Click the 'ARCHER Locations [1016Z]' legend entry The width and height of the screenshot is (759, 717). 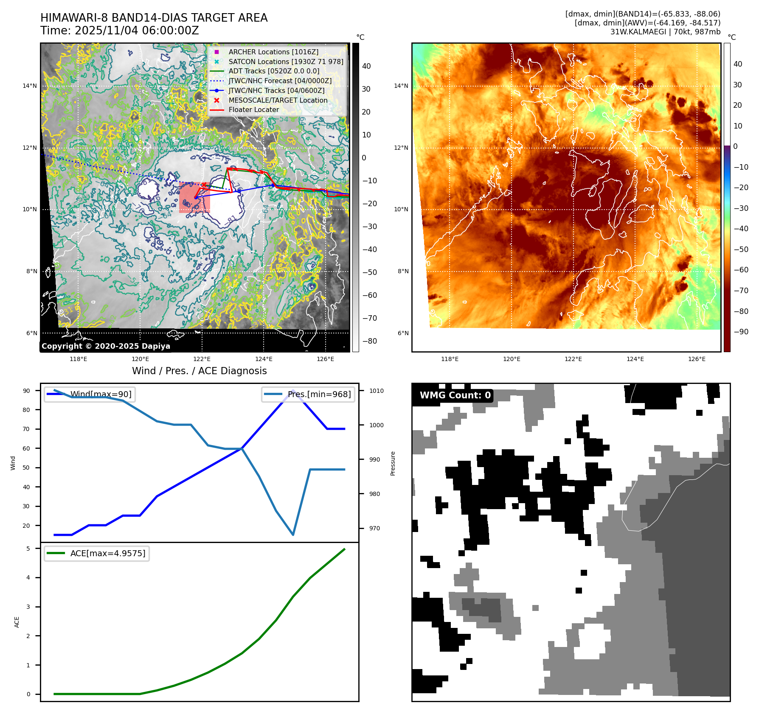[x=273, y=52]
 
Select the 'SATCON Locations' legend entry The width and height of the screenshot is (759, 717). [x=286, y=62]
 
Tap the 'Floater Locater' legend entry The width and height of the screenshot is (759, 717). [x=253, y=109]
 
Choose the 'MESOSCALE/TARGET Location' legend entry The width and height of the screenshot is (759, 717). [x=278, y=100]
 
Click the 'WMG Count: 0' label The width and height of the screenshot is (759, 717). [x=455, y=395]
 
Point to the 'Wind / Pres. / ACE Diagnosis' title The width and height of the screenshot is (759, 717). [x=199, y=371]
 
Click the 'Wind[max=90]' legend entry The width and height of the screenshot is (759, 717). [x=101, y=394]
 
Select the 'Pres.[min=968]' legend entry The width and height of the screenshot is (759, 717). [x=319, y=394]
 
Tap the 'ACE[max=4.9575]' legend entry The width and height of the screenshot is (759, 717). [x=107, y=553]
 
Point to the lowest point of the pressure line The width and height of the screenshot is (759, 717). [x=293, y=535]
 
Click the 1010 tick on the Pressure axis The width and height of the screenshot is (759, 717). [x=376, y=391]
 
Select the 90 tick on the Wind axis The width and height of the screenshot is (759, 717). [x=26, y=391]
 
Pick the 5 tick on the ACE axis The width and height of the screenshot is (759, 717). [x=28, y=549]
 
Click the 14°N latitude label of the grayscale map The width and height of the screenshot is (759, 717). [x=30, y=86]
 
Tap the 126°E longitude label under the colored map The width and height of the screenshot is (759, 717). [x=697, y=359]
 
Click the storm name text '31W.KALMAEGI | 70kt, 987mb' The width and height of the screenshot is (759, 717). [x=665, y=32]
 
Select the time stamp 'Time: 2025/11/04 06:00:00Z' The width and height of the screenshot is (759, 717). [x=119, y=31]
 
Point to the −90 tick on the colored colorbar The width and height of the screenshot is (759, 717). [x=741, y=332]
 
